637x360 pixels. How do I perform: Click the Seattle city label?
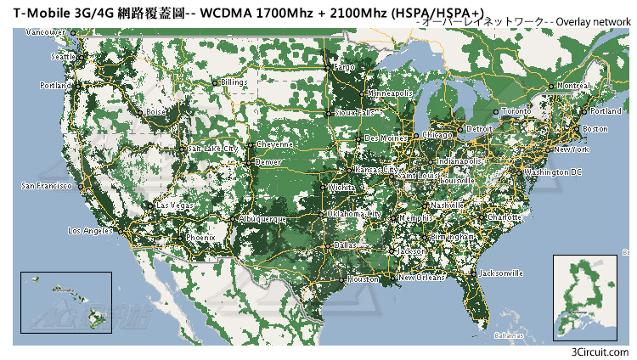pyautogui.click(x=63, y=57)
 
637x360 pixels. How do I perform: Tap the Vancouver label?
pyautogui.click(x=46, y=32)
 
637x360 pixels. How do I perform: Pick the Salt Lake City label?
pyautogui.click(x=207, y=148)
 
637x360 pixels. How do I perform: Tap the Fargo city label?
pyautogui.click(x=343, y=66)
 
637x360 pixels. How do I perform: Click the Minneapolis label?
pyautogui.click(x=390, y=93)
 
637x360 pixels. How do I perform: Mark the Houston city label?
pyautogui.click(x=363, y=278)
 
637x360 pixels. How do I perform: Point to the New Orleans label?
pyautogui.click(x=421, y=278)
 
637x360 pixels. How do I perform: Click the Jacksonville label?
pyautogui.click(x=501, y=273)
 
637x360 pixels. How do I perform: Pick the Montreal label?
pyautogui.click(x=574, y=86)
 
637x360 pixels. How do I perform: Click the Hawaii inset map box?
pyautogui.click(x=66, y=302)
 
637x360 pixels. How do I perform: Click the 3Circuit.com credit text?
pyautogui.click(x=600, y=352)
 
